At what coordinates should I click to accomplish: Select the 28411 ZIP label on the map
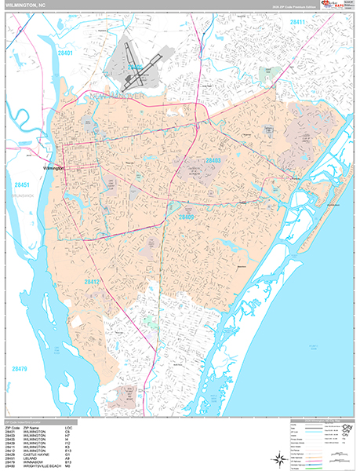click(x=300, y=23)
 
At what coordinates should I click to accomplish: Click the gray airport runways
click(x=138, y=70)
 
